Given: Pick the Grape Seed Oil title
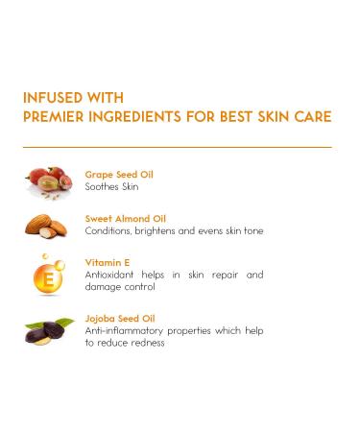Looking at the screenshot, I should coord(119,175).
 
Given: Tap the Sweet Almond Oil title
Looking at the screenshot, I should coord(125,218).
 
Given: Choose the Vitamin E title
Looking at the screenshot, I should coord(107,262).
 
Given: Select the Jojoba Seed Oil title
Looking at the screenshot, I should coord(120,318).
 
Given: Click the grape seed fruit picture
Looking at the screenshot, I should coord(46,180).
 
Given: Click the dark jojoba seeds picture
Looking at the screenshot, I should coord(48,332).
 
